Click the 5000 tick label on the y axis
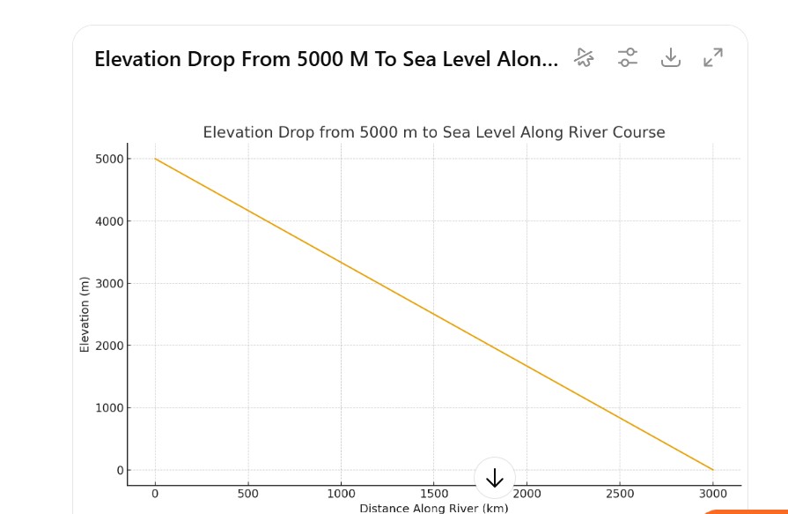109,159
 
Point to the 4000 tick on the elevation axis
109,221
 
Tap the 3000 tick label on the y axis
109,284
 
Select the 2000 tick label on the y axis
109,346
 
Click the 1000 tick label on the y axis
109,408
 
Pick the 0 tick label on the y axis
121,471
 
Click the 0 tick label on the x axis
155,494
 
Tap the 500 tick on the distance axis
248,494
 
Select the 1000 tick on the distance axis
342,494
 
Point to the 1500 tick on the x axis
434,494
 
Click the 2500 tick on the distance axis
620,494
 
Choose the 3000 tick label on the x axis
713,494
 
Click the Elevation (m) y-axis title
85,315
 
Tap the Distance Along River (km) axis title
433,508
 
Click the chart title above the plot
433,132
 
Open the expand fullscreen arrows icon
713,58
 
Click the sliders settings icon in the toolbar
627,58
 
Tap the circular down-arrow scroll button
495,478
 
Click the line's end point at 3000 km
713,470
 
